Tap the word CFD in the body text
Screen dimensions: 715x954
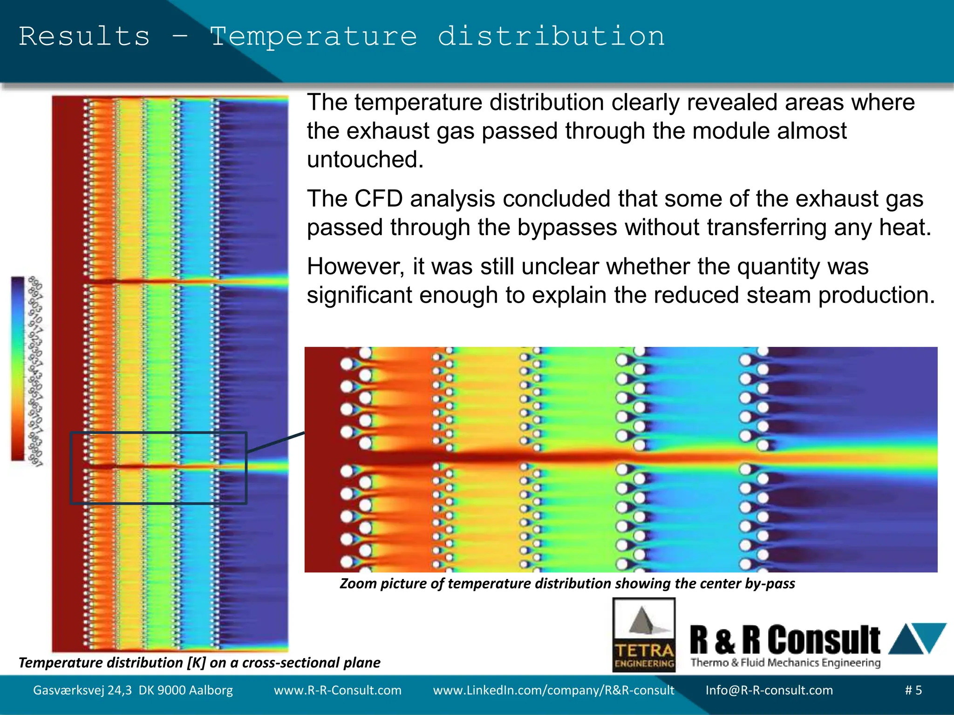pos(378,199)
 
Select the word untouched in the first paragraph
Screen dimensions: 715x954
pos(365,160)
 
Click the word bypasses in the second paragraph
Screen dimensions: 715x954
pos(566,228)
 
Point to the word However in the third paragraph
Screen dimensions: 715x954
pos(356,267)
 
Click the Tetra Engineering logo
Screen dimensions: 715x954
pos(644,635)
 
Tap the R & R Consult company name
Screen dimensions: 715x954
pos(784,641)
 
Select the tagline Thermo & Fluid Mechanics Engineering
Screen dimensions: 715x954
pos(785,662)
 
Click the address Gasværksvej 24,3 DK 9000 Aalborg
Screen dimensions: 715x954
pos(133,690)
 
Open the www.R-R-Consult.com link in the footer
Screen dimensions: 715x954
pos(337,690)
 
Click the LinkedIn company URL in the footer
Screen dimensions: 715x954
pos(553,690)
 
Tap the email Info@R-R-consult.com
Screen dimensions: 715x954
pos(769,690)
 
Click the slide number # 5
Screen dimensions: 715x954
pos(913,690)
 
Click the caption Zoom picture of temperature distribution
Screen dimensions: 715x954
pos(567,583)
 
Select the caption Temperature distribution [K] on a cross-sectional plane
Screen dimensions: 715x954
pos(199,662)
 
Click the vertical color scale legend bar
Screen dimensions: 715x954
pos(18,369)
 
